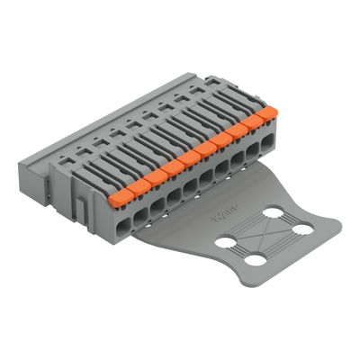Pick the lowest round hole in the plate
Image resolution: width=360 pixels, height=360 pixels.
(258, 260)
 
